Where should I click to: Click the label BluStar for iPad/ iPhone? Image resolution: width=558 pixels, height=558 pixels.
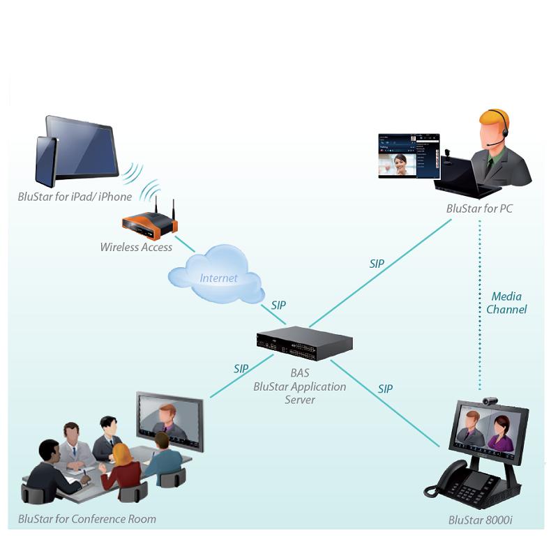pos(75,197)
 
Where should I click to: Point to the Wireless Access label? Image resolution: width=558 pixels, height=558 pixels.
pos(136,247)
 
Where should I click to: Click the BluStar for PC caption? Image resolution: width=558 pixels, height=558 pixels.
pos(479,209)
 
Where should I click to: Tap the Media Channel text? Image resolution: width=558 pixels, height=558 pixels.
pos(506,303)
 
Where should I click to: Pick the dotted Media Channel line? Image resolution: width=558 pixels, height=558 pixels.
pos(480,314)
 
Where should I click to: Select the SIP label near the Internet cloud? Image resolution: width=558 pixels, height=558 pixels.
pos(278,305)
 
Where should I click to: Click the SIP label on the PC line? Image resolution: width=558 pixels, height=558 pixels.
pos(377,264)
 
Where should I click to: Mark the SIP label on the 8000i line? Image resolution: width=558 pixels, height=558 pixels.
pos(385,389)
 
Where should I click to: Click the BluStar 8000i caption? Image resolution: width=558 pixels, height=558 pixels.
pos(477,520)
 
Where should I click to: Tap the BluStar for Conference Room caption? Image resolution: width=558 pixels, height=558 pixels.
pos(87,519)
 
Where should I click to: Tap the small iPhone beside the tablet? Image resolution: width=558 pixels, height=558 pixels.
pos(46,161)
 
